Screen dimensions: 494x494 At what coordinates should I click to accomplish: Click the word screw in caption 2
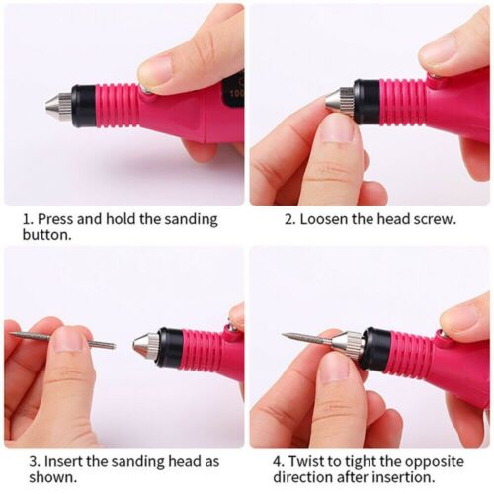pyautogui.click(x=433, y=219)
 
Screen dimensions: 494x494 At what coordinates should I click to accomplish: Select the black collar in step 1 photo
pyautogui.click(x=84, y=103)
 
